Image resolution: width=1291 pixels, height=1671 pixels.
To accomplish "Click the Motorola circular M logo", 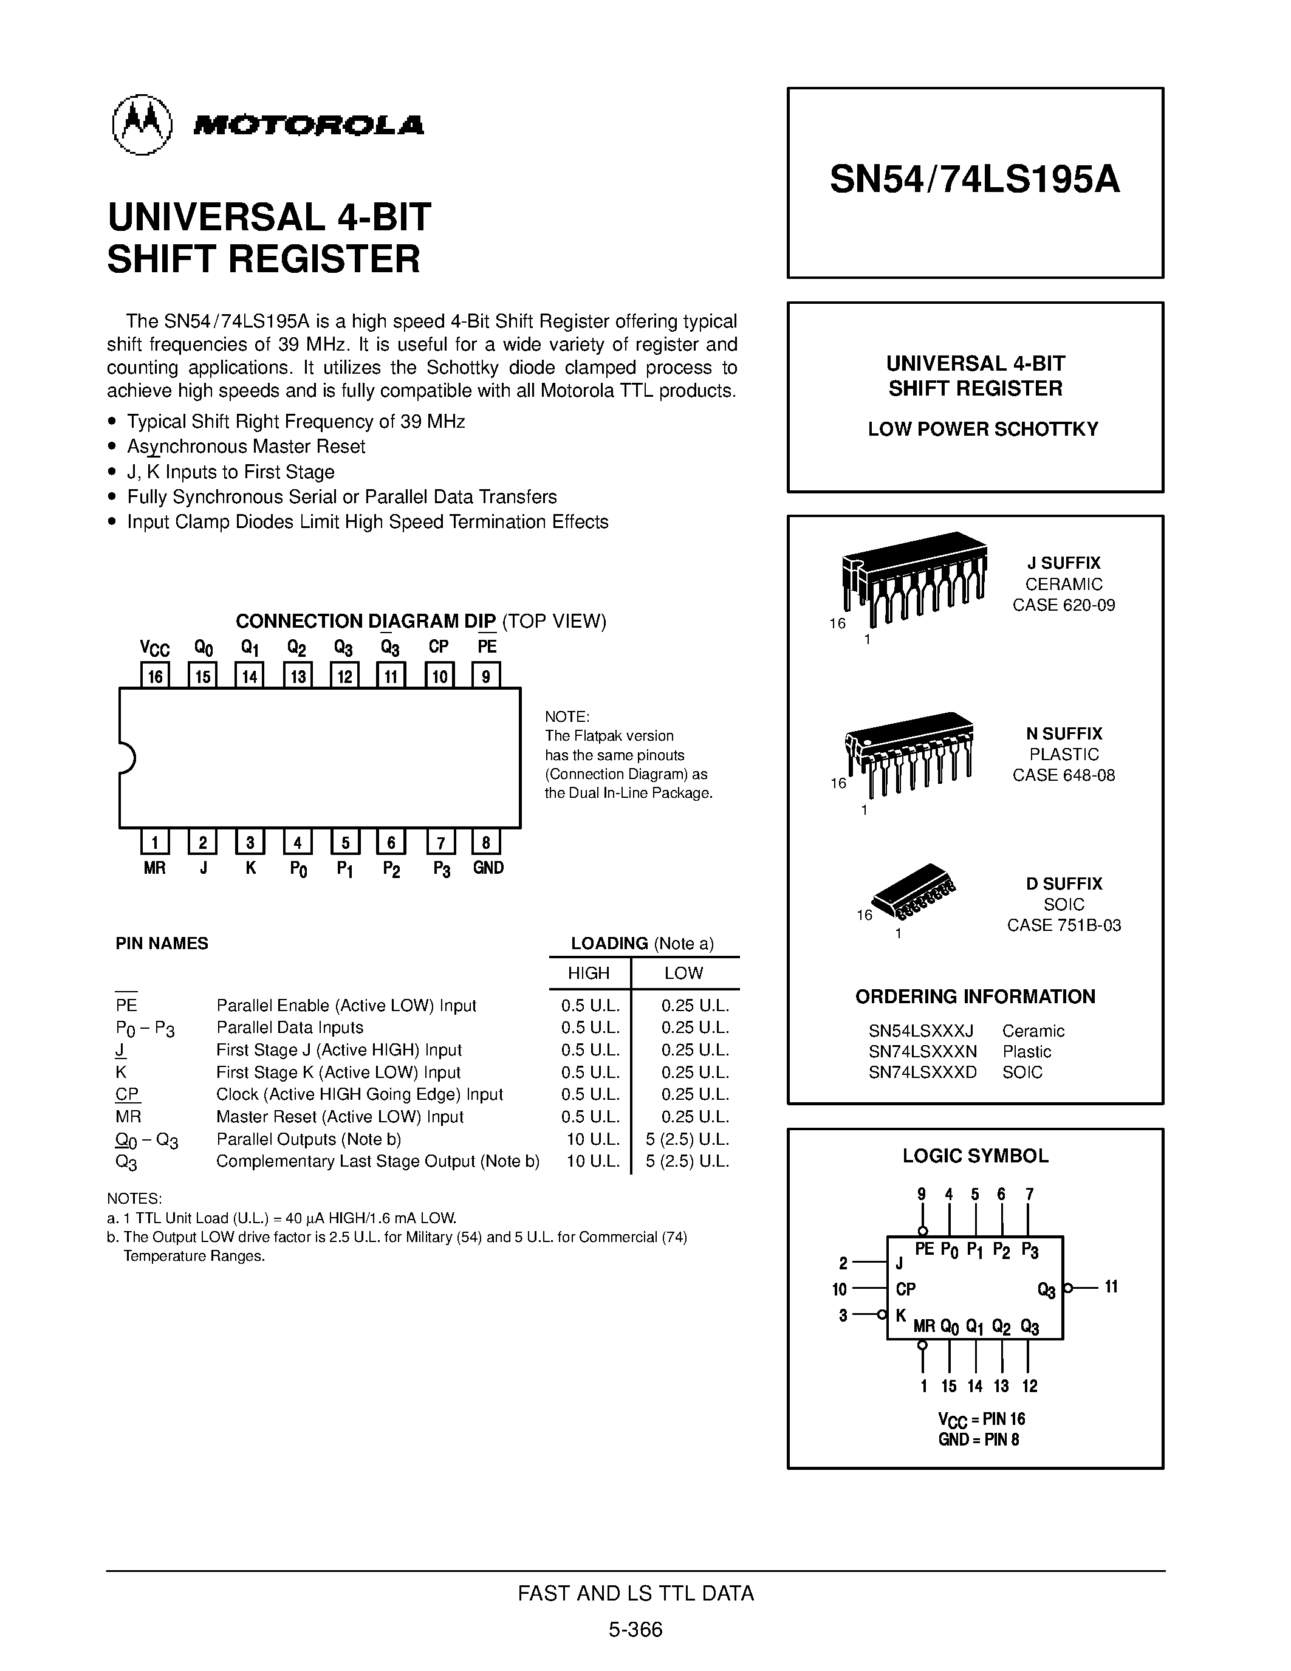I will click(142, 125).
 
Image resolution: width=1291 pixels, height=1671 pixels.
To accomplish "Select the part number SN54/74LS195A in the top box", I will click(974, 180).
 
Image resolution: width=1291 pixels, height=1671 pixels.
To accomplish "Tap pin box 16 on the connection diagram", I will click(156, 676).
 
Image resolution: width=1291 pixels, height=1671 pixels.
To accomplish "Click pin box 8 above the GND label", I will click(487, 842).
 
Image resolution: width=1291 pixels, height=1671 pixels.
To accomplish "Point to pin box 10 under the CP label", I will click(440, 676).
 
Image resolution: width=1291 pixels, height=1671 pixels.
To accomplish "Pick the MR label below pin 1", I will click(154, 868).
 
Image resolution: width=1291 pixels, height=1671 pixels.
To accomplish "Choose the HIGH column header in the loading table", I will click(588, 973).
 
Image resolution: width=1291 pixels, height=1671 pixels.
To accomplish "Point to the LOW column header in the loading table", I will click(683, 973).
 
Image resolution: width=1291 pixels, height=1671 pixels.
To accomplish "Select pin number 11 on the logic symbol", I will click(1111, 1287).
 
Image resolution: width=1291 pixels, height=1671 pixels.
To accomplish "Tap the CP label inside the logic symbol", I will click(906, 1289).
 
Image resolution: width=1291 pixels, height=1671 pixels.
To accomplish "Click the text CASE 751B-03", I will click(1063, 925).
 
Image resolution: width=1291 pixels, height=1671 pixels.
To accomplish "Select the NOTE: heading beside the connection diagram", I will click(567, 717).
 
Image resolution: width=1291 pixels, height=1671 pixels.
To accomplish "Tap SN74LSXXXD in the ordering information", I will click(922, 1072).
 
